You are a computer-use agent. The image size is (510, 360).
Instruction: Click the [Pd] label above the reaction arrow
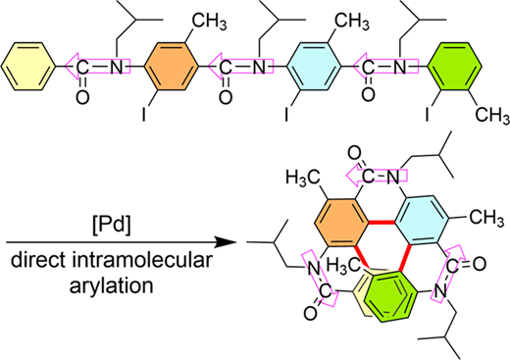pos(112,226)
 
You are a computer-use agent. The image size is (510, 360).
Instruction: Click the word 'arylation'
pos(112,285)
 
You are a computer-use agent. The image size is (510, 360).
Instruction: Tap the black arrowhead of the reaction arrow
pos(226,242)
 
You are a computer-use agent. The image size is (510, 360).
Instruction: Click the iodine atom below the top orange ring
pos(144,114)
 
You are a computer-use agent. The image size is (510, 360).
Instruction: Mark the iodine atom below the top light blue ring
pos(286,114)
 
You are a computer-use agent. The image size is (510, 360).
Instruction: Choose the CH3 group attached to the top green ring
pos(492,116)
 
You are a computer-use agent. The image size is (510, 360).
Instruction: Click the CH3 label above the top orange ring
pos(209,22)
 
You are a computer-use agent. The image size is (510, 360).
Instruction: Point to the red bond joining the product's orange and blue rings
pos(382,223)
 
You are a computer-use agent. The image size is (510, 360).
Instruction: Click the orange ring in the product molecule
pos(341,223)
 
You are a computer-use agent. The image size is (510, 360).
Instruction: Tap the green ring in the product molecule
pos(390,296)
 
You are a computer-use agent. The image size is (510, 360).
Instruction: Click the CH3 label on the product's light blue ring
pos(486,217)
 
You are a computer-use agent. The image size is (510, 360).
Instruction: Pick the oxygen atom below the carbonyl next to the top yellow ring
pos(82,97)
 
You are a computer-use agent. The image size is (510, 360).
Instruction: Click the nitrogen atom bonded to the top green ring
pos(399,68)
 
